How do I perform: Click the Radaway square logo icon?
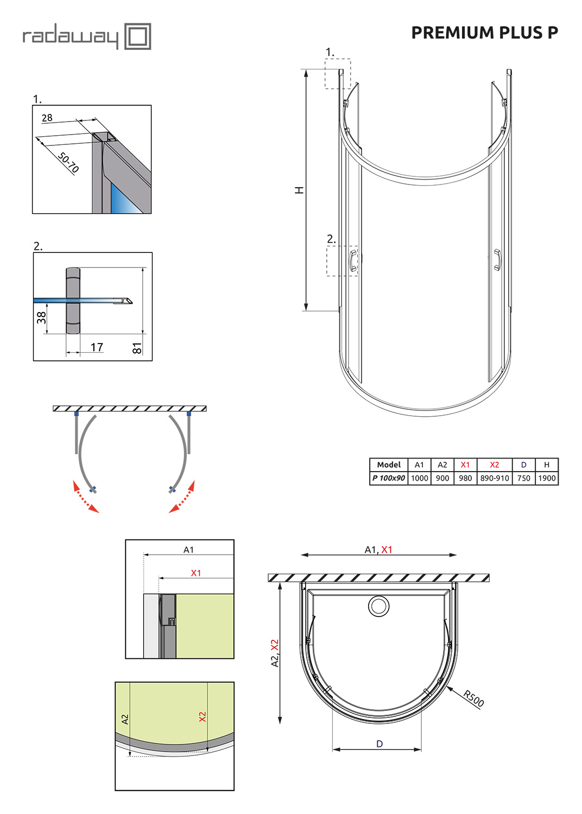click(137, 36)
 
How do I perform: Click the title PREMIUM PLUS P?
click(484, 33)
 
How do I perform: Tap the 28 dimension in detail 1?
click(47, 118)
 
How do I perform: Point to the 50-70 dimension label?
click(68, 162)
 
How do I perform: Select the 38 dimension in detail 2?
click(41, 317)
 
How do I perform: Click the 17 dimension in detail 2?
click(97, 347)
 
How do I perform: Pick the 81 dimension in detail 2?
click(137, 348)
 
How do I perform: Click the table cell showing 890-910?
click(495, 478)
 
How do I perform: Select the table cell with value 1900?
click(547, 478)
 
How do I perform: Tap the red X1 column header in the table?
click(465, 465)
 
